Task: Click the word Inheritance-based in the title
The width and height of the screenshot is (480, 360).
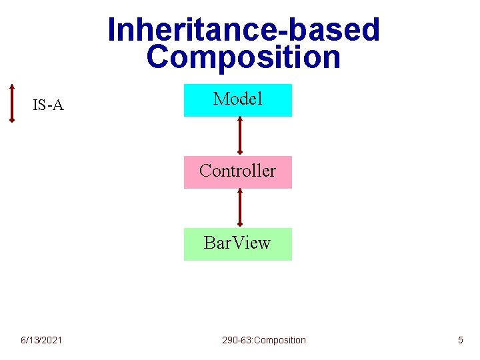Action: point(243,30)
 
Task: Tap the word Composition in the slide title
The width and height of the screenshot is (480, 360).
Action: point(243,57)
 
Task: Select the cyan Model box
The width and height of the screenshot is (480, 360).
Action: point(238,100)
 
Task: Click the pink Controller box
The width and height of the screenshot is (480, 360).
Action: point(238,172)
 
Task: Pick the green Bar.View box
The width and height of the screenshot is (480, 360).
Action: point(238,244)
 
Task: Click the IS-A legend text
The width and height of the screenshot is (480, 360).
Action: point(48,105)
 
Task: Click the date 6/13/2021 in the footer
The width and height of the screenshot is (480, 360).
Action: point(41,340)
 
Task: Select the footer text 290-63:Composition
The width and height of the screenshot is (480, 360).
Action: point(264,340)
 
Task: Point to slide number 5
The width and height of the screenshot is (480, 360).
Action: point(460,340)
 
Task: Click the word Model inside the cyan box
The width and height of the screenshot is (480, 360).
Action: point(238,99)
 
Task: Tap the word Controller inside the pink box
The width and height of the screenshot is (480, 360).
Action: point(237,171)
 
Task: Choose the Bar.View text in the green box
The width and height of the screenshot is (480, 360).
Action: point(237,243)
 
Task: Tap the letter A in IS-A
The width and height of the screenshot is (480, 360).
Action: point(58,105)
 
